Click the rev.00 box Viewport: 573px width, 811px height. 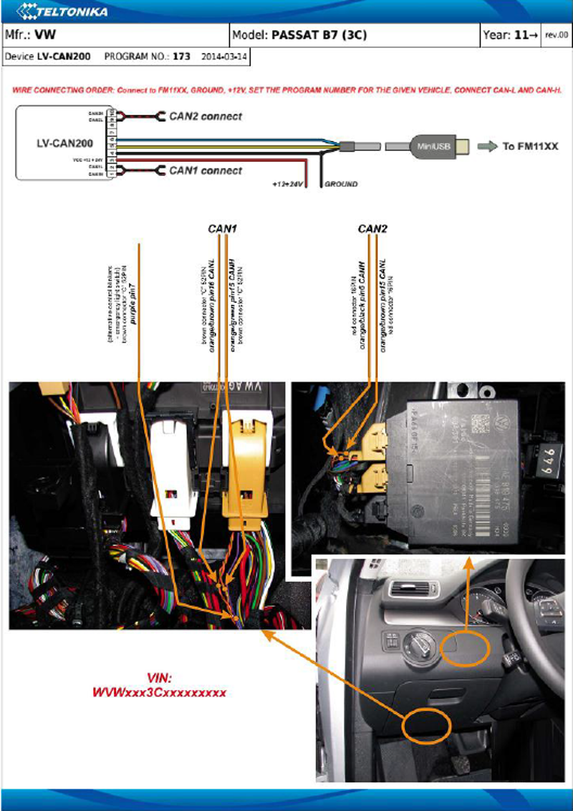point(557,34)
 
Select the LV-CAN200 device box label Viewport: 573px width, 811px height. point(64,143)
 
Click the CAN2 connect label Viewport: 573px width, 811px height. point(206,116)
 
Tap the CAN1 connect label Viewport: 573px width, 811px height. point(206,170)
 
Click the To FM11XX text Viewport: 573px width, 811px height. point(530,146)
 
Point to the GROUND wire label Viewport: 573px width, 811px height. point(341,184)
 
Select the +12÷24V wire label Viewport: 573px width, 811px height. point(288,184)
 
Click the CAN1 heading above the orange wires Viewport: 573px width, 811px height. point(222,229)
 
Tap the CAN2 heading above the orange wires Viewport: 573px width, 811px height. point(372,229)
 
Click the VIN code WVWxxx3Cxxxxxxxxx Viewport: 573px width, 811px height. point(160,693)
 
